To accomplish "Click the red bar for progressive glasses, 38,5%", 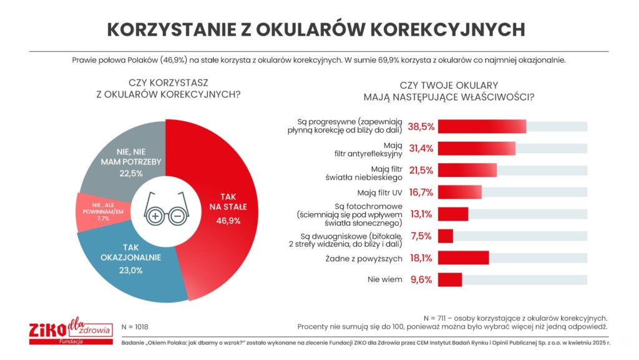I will [x=482, y=126].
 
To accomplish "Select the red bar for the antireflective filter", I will [x=477, y=148].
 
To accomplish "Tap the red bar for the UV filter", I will [x=460, y=192].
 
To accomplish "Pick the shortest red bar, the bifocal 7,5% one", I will [x=446, y=236].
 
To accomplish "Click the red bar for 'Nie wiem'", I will [x=450, y=279].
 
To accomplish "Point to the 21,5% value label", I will [x=421, y=170].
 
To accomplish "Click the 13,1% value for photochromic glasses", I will [x=421, y=214].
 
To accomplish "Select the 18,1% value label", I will [x=421, y=258].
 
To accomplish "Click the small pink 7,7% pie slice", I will [x=97, y=209].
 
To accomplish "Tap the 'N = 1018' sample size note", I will [x=135, y=327].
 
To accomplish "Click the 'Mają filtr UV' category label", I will [x=379, y=192].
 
